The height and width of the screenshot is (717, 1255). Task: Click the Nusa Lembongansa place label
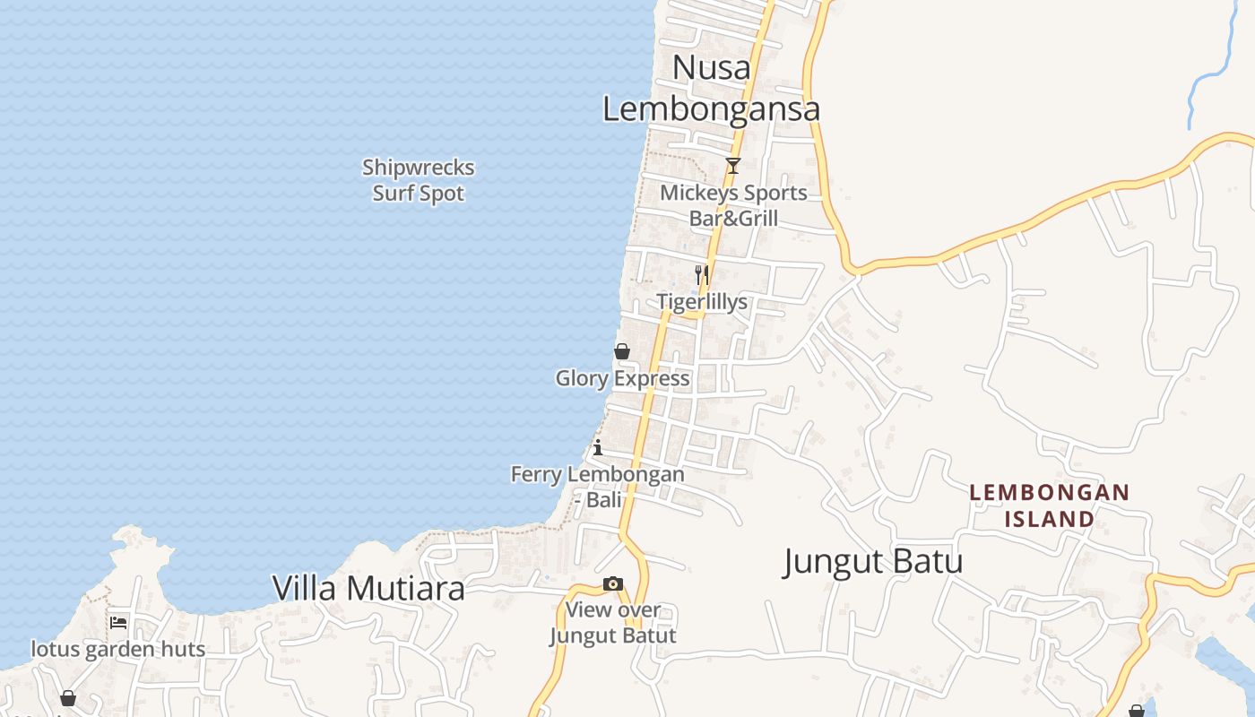click(x=711, y=88)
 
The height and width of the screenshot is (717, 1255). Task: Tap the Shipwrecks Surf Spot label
click(x=419, y=180)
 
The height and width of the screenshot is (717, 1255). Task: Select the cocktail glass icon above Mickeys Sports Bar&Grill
click(x=733, y=166)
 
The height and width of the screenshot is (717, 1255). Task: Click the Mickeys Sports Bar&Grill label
click(x=733, y=205)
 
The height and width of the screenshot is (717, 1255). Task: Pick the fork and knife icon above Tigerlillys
click(x=702, y=274)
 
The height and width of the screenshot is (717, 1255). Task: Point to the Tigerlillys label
click(x=702, y=302)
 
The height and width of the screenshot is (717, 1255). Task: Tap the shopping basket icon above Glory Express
click(x=622, y=351)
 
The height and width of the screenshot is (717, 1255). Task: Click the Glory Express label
click(x=622, y=378)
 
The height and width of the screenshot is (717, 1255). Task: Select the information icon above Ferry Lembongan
click(x=598, y=447)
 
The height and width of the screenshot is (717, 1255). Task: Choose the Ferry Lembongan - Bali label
click(x=598, y=487)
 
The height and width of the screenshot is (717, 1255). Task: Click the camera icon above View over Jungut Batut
click(x=612, y=584)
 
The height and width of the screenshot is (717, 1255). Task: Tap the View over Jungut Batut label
click(x=612, y=623)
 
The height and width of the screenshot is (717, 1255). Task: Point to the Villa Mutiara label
click(x=368, y=588)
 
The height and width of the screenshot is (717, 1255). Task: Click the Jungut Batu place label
click(x=873, y=562)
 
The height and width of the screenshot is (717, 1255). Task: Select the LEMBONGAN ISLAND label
click(x=1050, y=505)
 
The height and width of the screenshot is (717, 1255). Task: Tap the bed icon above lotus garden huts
click(x=118, y=622)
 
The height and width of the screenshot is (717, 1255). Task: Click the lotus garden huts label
click(x=118, y=649)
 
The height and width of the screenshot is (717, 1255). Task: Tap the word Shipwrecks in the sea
click(x=419, y=168)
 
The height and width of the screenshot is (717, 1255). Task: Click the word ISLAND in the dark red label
click(x=1050, y=519)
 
